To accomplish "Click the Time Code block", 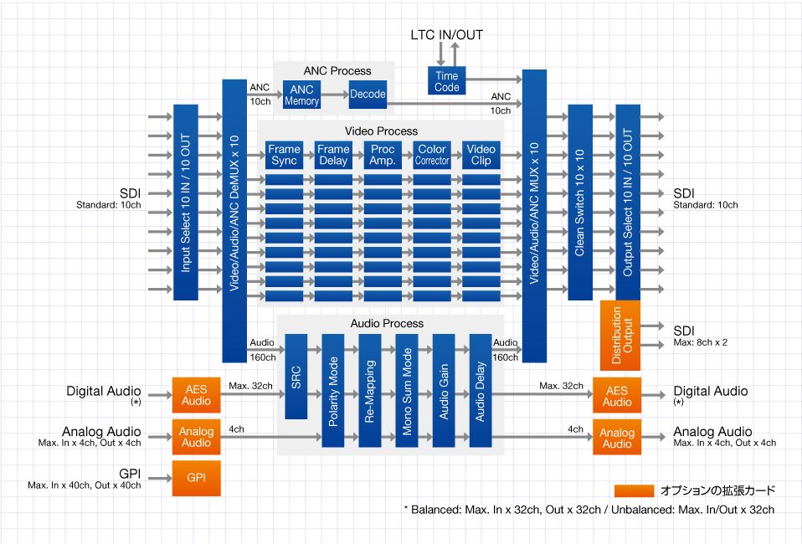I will (x=447, y=81).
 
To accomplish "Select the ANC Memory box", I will (x=301, y=95).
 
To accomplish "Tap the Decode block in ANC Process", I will (x=368, y=95).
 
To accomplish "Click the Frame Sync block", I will (x=285, y=155).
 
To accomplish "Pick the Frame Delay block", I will (x=333, y=155).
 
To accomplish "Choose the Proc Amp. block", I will (x=383, y=155).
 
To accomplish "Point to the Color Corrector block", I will (x=432, y=155).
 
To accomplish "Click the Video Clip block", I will (x=481, y=155).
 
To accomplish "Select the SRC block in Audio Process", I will (x=296, y=376).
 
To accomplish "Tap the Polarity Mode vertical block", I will (x=333, y=390).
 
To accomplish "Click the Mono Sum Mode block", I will (x=407, y=390).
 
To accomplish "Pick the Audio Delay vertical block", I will (x=481, y=390).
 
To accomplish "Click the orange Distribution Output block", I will (x=620, y=335).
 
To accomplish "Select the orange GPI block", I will (x=197, y=478).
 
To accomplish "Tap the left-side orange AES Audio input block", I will (x=197, y=396).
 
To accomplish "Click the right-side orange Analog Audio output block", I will (x=617, y=438).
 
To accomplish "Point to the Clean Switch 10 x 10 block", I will (x=580, y=202).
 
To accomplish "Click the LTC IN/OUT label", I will (x=446, y=35).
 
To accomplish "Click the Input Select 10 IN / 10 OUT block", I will (x=185, y=202).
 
